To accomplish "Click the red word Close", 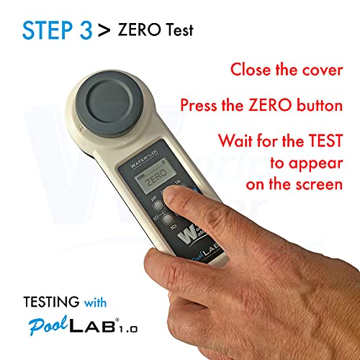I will pyautogui.click(x=252, y=71).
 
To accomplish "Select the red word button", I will pyautogui.click(x=323, y=105).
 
